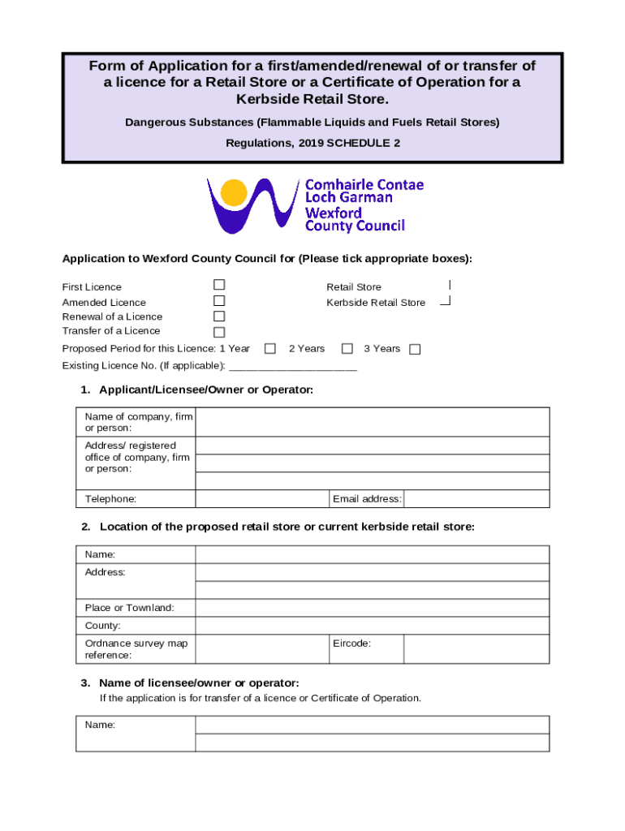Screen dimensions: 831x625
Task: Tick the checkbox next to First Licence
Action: click(x=219, y=286)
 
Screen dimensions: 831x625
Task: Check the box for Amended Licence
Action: click(x=219, y=301)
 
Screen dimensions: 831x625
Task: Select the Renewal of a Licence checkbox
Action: click(x=219, y=316)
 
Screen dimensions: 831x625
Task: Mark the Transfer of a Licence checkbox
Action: click(x=219, y=332)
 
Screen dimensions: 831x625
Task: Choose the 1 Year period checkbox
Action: click(x=271, y=349)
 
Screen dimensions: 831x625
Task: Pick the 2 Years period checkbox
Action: click(x=347, y=349)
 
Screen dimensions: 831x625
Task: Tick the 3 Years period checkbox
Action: click(x=415, y=350)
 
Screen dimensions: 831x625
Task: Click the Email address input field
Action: click(x=476, y=498)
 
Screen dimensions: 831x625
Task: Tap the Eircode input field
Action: click(x=476, y=648)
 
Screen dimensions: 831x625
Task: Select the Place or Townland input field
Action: click(x=373, y=608)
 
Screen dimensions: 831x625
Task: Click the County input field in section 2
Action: click(x=373, y=626)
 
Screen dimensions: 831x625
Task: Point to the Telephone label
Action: click(x=110, y=499)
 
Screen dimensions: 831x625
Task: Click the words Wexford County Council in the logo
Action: click(x=354, y=219)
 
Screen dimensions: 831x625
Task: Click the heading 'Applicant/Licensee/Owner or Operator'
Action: click(x=206, y=390)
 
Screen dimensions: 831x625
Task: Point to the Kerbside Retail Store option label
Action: click(x=376, y=303)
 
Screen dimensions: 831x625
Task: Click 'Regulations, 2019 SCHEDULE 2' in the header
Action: click(x=312, y=142)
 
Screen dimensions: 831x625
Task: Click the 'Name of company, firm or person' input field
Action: click(x=373, y=422)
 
